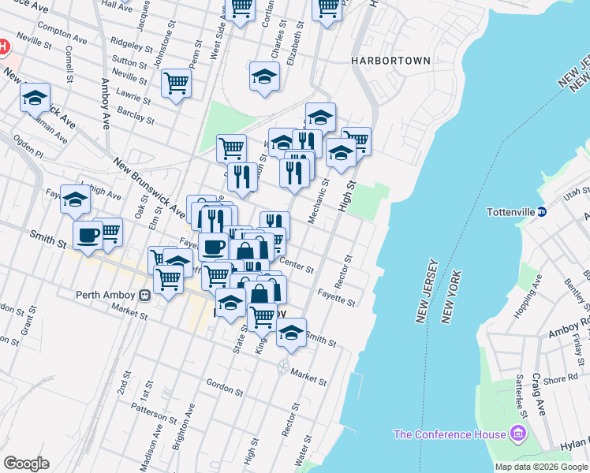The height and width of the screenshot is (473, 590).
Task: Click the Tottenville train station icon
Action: (x=543, y=211)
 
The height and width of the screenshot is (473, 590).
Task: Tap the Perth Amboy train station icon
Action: (x=144, y=296)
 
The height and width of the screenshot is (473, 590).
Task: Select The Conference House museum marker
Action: (x=517, y=434)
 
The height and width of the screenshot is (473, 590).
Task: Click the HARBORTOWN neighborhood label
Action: (x=391, y=61)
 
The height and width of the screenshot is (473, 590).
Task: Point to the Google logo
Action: (x=26, y=464)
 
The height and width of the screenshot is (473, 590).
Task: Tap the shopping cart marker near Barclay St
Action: (x=176, y=83)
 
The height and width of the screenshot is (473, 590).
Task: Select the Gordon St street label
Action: (x=224, y=388)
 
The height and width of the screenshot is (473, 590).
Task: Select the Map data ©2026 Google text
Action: (x=542, y=467)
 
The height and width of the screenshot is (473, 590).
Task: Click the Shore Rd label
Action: (x=560, y=379)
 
